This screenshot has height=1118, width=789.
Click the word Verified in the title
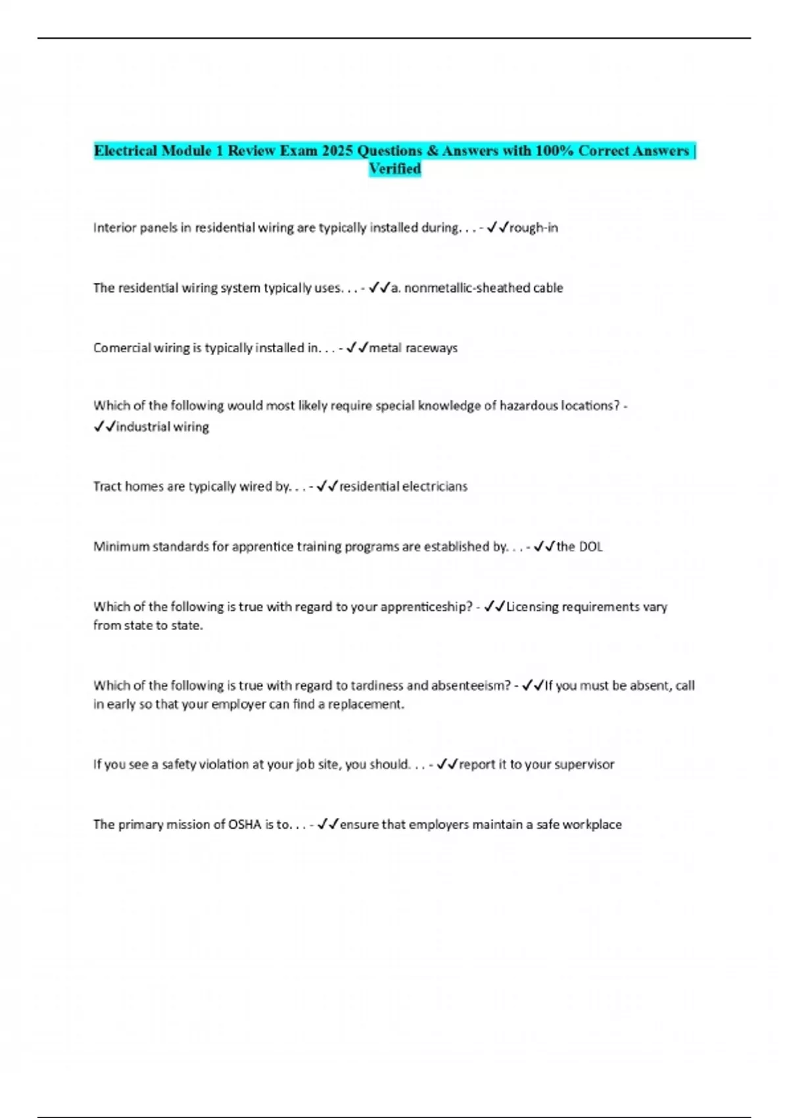click(394, 169)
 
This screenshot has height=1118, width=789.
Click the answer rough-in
click(533, 228)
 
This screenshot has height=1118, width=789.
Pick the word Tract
click(107, 487)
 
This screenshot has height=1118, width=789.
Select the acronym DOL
click(590, 547)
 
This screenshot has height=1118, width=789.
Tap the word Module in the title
click(186, 151)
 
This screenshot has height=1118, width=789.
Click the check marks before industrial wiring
click(104, 427)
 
